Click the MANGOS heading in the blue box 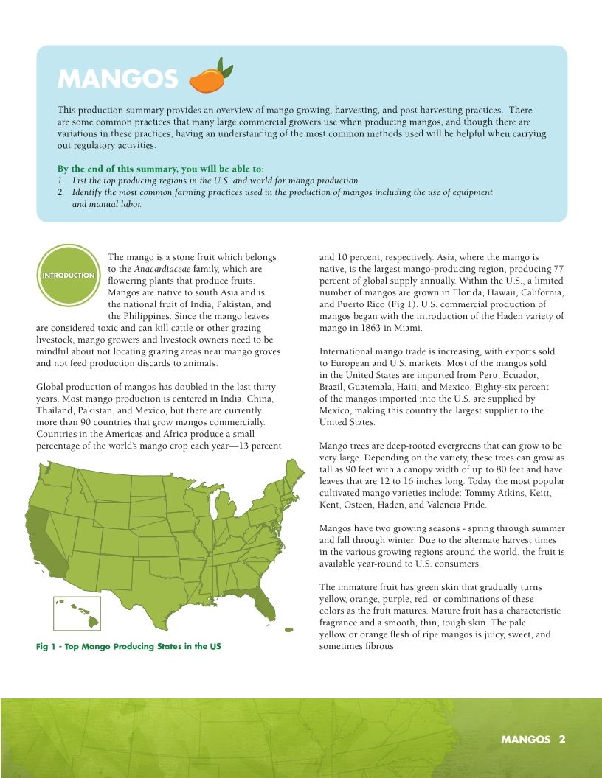(x=117, y=78)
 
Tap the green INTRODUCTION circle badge (x=69, y=276)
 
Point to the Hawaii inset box (x=77, y=614)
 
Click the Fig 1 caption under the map (x=128, y=646)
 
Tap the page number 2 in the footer (x=562, y=739)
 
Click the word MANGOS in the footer (x=526, y=739)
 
